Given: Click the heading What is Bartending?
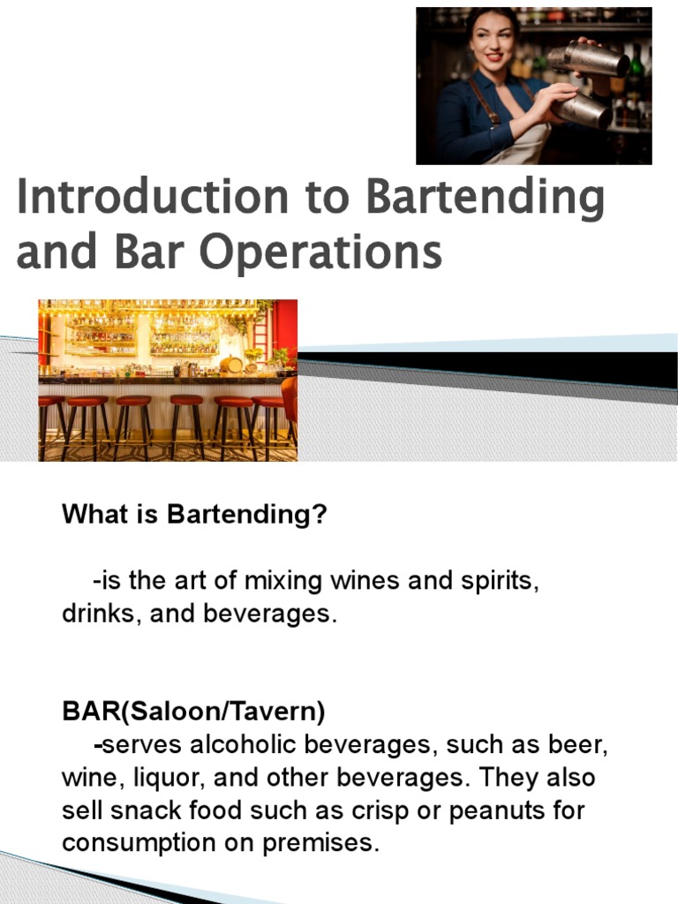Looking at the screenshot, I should point(194,515).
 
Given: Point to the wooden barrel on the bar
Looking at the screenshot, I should point(230,365).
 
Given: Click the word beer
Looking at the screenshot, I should point(584,747).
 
